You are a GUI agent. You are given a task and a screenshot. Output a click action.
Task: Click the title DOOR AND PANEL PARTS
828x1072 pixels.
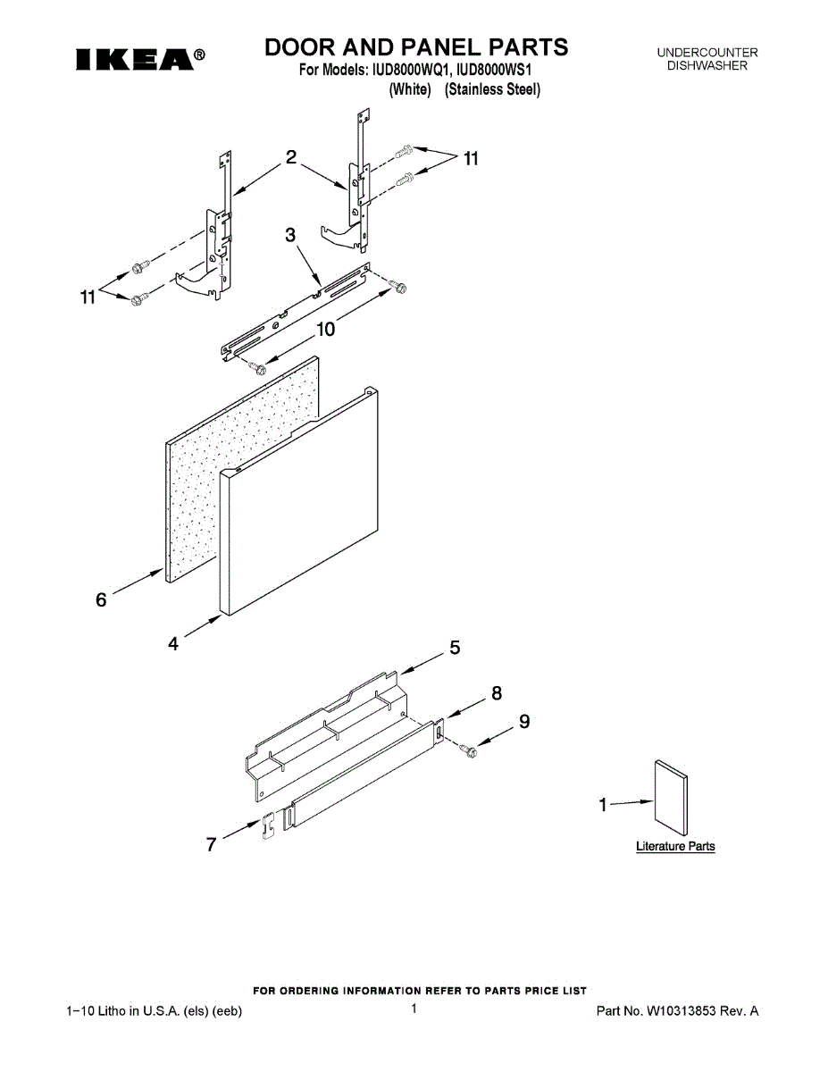tap(416, 46)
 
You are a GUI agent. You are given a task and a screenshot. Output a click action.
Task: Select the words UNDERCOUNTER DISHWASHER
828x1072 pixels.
tap(707, 60)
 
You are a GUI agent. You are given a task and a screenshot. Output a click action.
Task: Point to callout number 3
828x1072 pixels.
tap(290, 235)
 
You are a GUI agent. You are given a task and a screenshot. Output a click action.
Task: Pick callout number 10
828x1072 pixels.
tap(326, 330)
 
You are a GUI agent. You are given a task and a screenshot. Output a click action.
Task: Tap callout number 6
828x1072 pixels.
tap(101, 599)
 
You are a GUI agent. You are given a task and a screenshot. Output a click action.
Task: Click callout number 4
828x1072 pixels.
tap(173, 643)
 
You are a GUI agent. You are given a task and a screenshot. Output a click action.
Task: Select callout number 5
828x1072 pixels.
tap(455, 649)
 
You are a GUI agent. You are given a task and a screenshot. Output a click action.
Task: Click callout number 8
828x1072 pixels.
tap(497, 692)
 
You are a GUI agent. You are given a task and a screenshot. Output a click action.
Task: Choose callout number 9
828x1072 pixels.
tap(524, 721)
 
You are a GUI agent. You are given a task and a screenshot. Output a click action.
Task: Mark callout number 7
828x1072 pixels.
tap(212, 844)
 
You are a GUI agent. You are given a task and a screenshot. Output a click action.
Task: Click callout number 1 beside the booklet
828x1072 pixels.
tap(603, 805)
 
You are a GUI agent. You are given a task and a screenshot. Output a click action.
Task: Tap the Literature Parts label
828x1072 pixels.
tap(675, 846)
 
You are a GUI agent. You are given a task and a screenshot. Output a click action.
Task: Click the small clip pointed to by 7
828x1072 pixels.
tap(266, 825)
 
